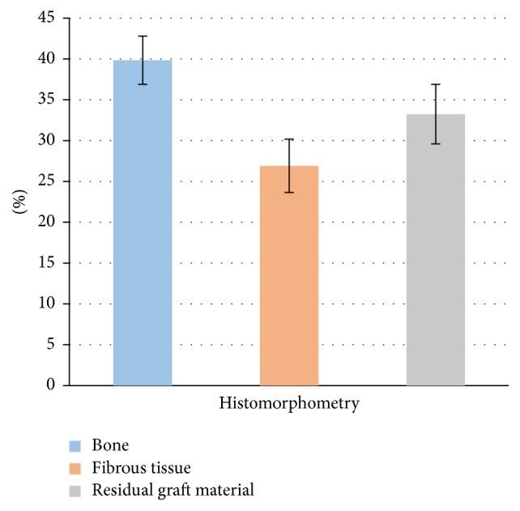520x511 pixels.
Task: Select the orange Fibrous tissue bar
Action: (289, 276)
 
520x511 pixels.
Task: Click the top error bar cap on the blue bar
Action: (143, 36)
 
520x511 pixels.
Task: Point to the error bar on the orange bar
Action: (289, 165)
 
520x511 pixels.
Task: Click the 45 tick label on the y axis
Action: (46, 18)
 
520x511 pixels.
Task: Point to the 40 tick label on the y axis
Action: (46, 59)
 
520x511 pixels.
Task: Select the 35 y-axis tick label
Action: (46, 100)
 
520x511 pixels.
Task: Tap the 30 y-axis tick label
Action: (46, 140)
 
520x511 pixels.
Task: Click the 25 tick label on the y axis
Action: (46, 182)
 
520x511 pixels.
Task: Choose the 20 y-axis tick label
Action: (46, 222)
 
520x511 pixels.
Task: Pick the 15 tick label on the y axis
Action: (46, 263)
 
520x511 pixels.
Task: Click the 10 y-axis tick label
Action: (46, 304)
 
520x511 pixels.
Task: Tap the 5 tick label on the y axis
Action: (50, 345)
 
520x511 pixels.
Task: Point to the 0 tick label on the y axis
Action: (50, 385)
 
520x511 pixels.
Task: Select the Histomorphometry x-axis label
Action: (289, 403)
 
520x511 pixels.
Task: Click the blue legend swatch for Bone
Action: (75, 445)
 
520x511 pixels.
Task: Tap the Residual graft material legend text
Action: (174, 490)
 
